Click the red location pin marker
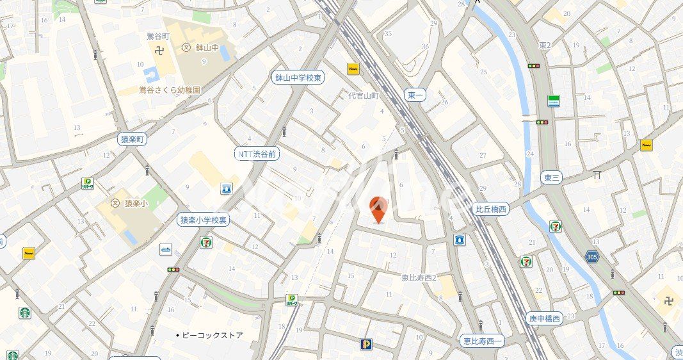coord(379,209)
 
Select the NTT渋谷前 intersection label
coord(257,154)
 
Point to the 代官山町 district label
coord(364,95)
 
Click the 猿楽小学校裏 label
coord(203,220)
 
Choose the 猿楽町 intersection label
coord(133,138)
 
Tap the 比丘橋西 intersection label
coord(491,209)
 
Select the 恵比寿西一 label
coord(482,341)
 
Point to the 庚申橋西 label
coord(544,318)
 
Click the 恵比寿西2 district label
coord(419,277)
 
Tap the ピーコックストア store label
coord(212,335)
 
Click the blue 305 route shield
coord(592,256)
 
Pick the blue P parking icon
coord(366,344)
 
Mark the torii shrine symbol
coord(597,174)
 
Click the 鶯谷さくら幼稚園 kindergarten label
coord(170,90)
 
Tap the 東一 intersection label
coord(415,95)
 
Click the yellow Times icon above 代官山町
coord(353,69)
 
